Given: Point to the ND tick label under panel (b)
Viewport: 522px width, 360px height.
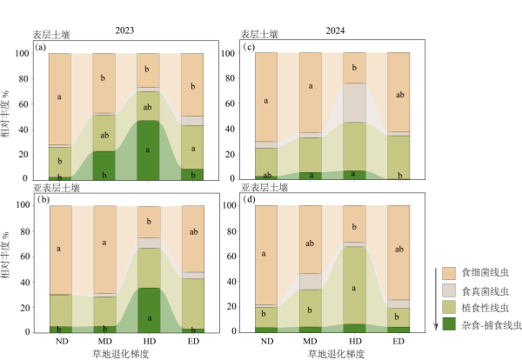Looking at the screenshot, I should pos(60,341).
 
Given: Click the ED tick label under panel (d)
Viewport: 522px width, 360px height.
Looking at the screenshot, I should pos(398,341).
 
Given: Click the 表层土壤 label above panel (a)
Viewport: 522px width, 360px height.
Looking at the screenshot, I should pos(54,35).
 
